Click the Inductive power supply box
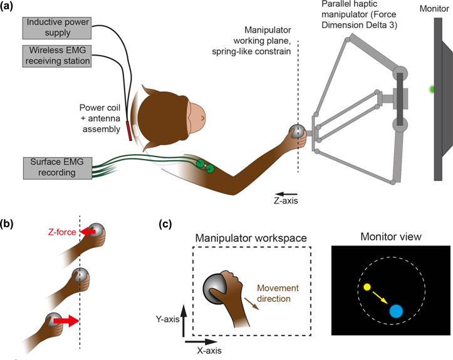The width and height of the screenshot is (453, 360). (58, 28)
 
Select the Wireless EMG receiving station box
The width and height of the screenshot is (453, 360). (58, 56)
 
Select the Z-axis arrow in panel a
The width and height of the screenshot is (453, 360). (286, 193)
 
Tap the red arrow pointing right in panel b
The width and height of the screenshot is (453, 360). (65, 322)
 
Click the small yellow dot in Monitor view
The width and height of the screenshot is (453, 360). (367, 289)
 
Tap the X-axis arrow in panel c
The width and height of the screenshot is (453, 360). (197, 342)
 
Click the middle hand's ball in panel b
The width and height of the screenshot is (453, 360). (79, 275)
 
